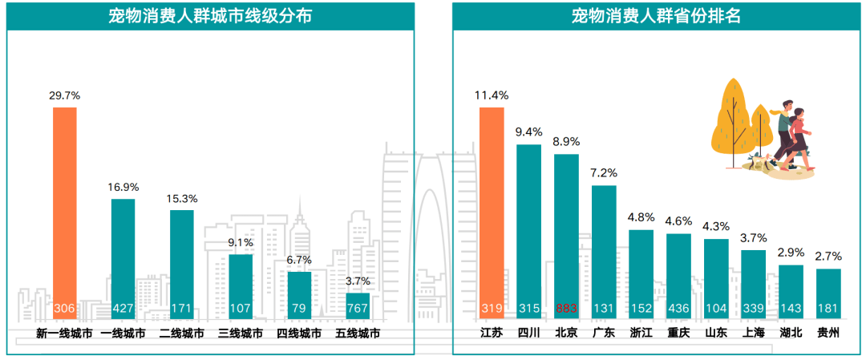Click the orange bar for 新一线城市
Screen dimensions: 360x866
[x=65, y=208]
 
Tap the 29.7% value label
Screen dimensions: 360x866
[x=65, y=95]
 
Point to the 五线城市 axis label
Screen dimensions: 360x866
[x=358, y=334]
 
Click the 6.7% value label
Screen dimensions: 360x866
[x=299, y=260]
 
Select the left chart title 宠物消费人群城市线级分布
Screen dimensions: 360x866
[x=210, y=16]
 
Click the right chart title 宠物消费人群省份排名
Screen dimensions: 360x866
[x=657, y=16]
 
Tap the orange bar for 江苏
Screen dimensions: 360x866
[x=492, y=208]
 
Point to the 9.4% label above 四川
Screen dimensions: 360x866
[x=528, y=132]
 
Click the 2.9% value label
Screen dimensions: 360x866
[x=791, y=253]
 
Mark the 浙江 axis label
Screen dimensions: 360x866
[x=641, y=334]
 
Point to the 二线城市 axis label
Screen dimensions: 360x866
[x=181, y=334]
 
